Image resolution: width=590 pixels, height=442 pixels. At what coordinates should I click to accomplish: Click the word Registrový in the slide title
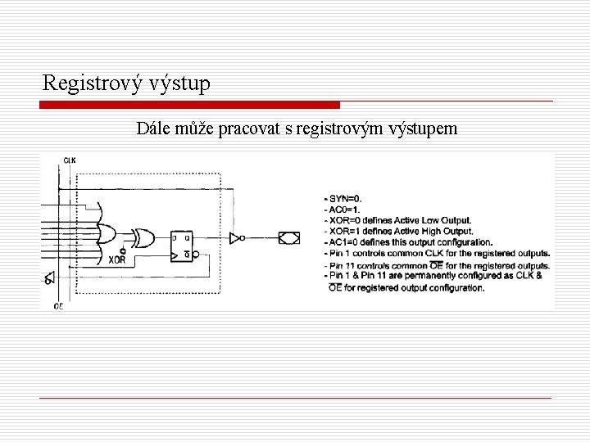click(90, 83)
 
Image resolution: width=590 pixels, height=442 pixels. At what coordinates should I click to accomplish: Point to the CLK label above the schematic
click(69, 160)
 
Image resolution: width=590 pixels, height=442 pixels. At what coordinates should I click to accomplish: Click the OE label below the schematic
click(57, 305)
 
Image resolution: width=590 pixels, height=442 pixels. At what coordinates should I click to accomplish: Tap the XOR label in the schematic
click(116, 260)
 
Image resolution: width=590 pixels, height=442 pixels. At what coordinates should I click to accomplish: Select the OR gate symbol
click(107, 236)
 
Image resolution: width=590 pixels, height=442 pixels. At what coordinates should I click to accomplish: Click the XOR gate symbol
click(144, 238)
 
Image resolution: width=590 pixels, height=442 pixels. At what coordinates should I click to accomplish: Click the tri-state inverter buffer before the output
click(237, 238)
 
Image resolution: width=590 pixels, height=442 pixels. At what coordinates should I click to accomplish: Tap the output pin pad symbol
click(288, 238)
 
